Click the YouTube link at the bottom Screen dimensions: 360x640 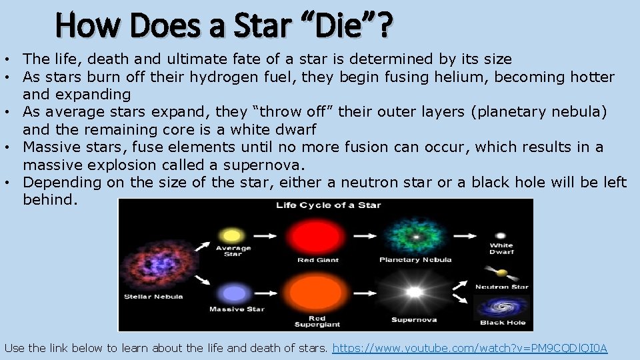[470, 348]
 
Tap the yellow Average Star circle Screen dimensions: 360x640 [232, 235]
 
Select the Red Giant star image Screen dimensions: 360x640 [317, 235]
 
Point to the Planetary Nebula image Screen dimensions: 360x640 [415, 236]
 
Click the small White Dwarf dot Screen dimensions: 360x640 [501, 235]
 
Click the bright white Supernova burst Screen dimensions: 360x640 [414, 292]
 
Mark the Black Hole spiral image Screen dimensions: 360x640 [502, 307]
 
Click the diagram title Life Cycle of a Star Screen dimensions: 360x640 [329, 205]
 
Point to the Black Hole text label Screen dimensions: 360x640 [503, 323]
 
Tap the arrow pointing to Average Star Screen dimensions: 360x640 [203, 245]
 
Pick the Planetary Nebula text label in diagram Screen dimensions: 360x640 [415, 259]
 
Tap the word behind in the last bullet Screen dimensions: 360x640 [50, 199]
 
